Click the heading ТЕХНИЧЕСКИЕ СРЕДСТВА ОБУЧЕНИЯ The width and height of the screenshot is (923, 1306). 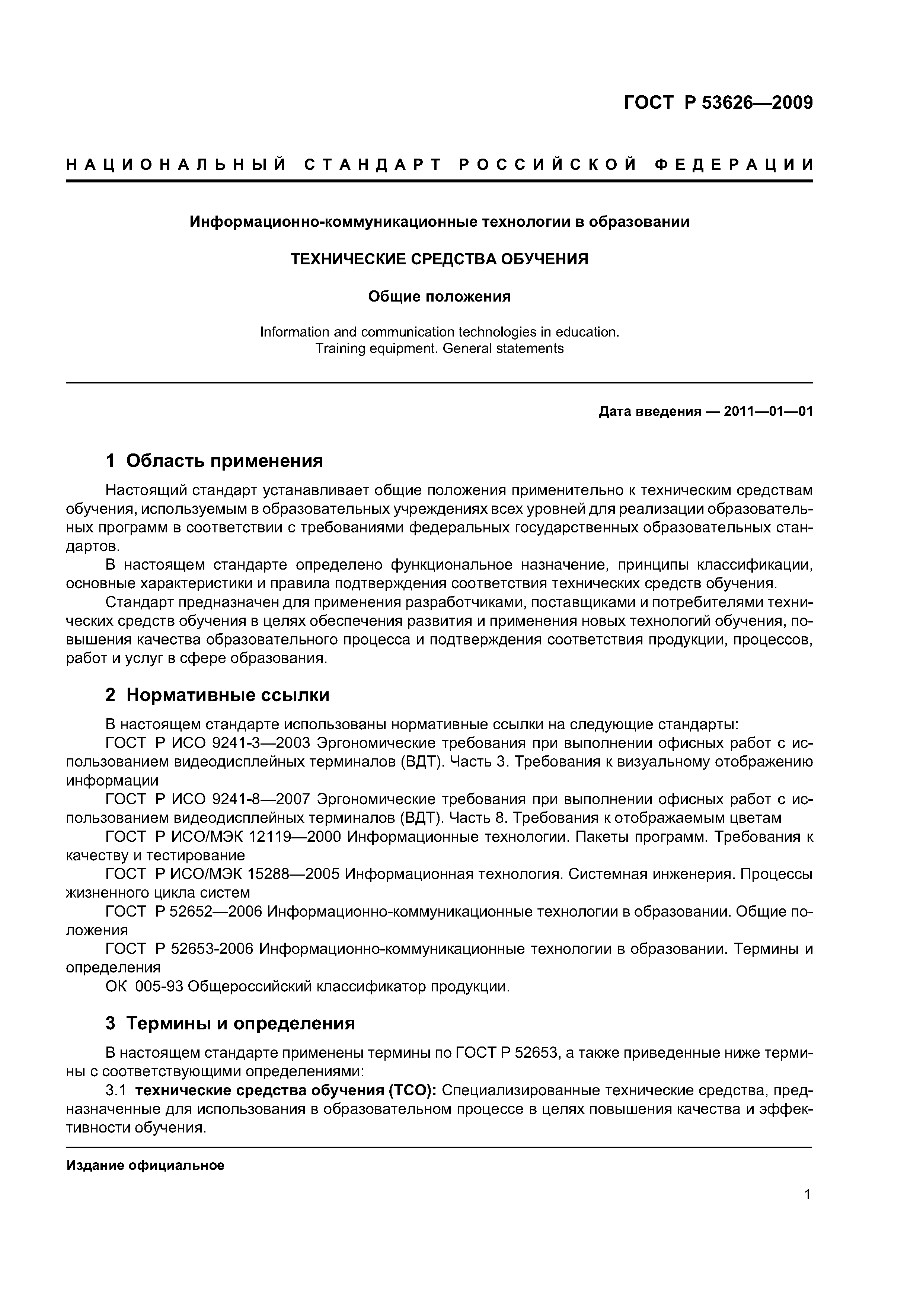pyautogui.click(x=440, y=259)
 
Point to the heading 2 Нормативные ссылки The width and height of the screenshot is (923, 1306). pyautogui.click(x=217, y=695)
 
